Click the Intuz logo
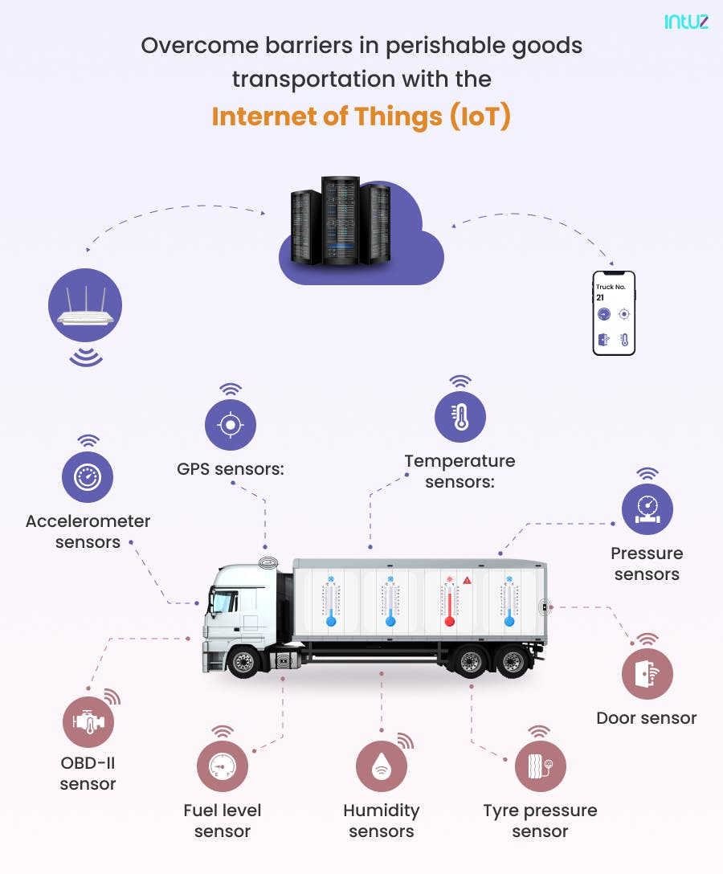coord(686,22)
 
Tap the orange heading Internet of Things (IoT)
coord(361,116)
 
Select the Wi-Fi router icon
coord(84,306)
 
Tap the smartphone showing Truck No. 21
coord(615,313)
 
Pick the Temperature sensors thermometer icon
coord(460,416)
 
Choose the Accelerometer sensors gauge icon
coord(88,477)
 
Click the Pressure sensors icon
coord(647,508)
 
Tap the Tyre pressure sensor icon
coord(540,766)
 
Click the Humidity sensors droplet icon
coord(381,766)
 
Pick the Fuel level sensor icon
coord(223,766)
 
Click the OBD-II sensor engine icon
coord(88,721)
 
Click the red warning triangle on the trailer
coord(468,580)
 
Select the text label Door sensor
coord(646,718)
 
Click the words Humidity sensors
coord(381,820)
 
